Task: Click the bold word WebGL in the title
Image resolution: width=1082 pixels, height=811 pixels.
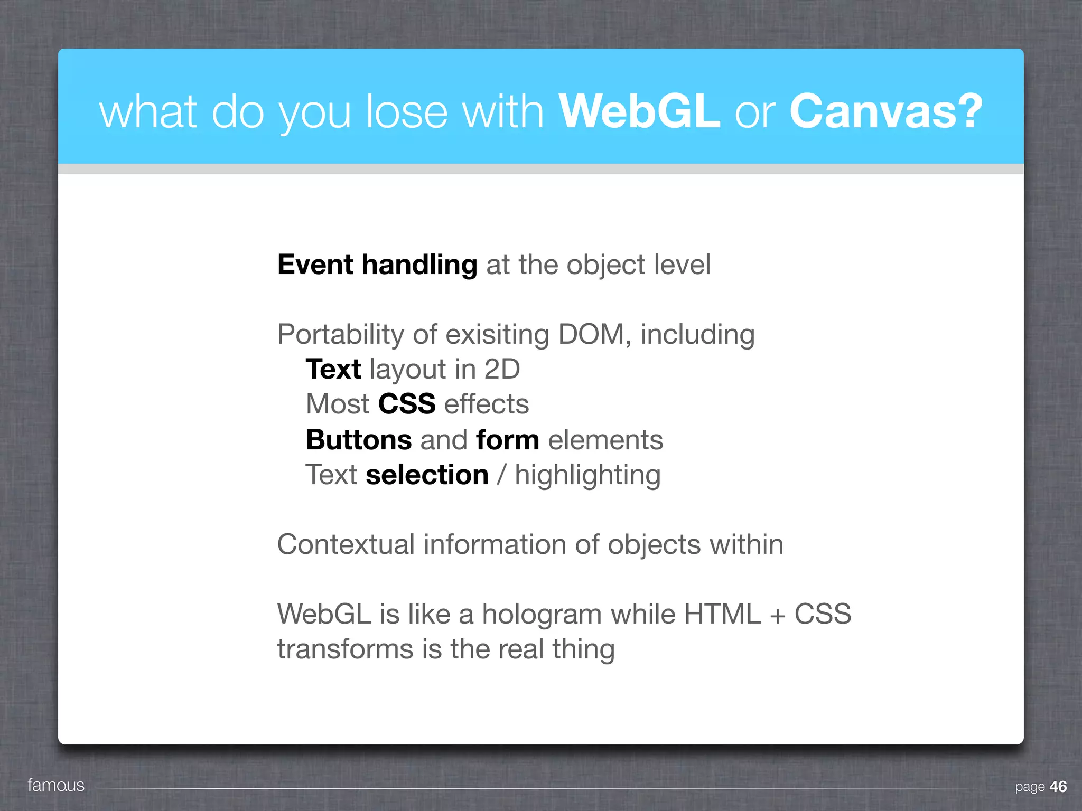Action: tap(639, 111)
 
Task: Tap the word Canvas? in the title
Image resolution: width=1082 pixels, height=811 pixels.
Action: tap(885, 111)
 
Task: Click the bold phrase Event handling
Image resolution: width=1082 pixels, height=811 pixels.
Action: tap(377, 265)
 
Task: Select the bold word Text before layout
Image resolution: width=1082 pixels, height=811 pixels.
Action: tap(333, 369)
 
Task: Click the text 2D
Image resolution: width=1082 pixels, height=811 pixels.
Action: tap(502, 369)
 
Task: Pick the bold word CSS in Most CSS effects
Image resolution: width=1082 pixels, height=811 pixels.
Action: tap(407, 404)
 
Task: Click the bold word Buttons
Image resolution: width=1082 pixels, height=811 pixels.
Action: tap(359, 440)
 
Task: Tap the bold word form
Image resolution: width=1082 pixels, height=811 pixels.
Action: tap(507, 440)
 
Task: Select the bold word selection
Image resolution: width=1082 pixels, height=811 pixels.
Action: tap(427, 475)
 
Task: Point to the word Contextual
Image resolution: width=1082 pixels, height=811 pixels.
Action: tap(346, 544)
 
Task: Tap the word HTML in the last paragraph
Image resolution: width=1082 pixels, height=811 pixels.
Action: tap(722, 614)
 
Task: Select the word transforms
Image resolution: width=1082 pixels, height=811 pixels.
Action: tap(345, 649)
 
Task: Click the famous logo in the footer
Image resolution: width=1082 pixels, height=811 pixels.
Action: tap(56, 785)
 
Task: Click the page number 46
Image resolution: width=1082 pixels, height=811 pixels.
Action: tap(1058, 787)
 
